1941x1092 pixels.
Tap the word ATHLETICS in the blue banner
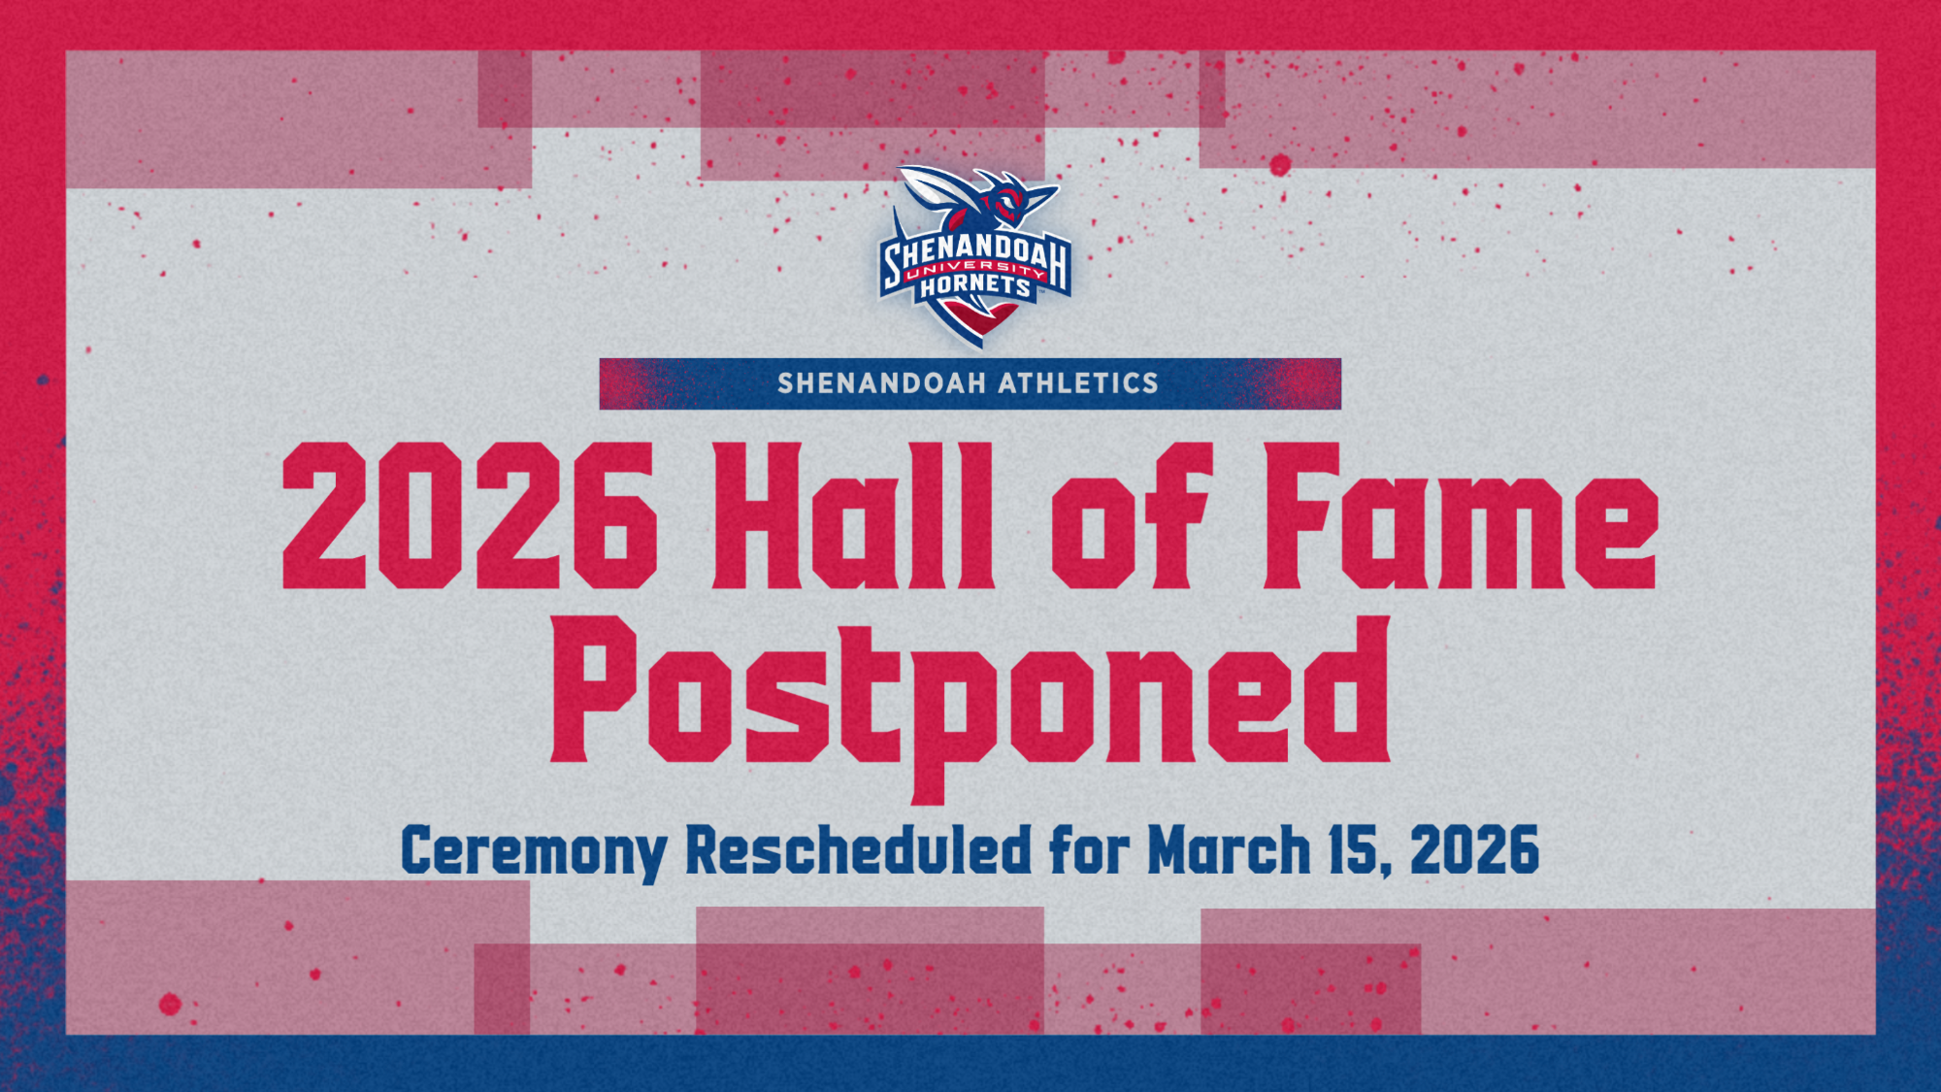(x=1078, y=383)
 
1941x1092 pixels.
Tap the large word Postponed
(x=970, y=699)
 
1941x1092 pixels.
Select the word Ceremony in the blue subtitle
(x=533, y=851)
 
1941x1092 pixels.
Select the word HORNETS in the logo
(x=974, y=286)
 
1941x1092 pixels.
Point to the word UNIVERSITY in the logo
(x=974, y=270)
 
